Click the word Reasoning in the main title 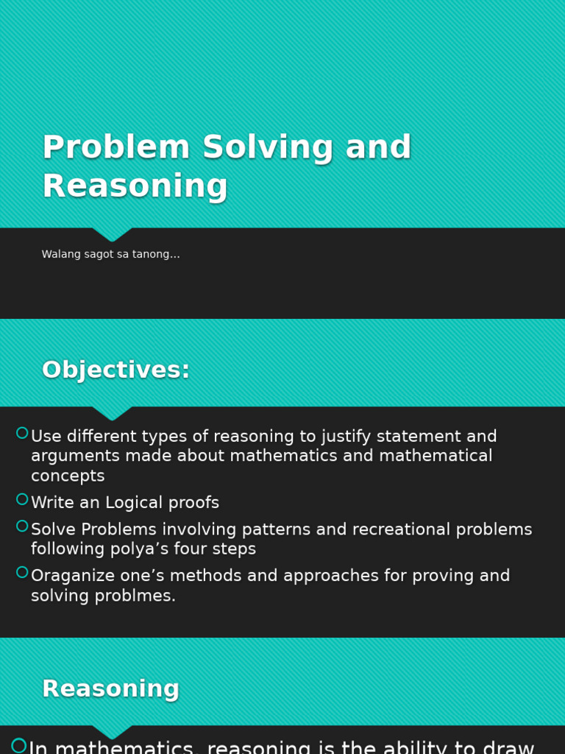click(x=135, y=187)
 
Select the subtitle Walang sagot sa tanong click(x=110, y=255)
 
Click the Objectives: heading click(x=116, y=370)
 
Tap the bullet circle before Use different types click(x=22, y=433)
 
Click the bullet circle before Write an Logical click(x=22, y=499)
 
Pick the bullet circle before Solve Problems click(x=22, y=526)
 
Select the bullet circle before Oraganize click(x=22, y=572)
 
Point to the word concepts click(x=68, y=476)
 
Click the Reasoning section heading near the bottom click(x=110, y=689)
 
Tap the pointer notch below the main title click(x=112, y=234)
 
